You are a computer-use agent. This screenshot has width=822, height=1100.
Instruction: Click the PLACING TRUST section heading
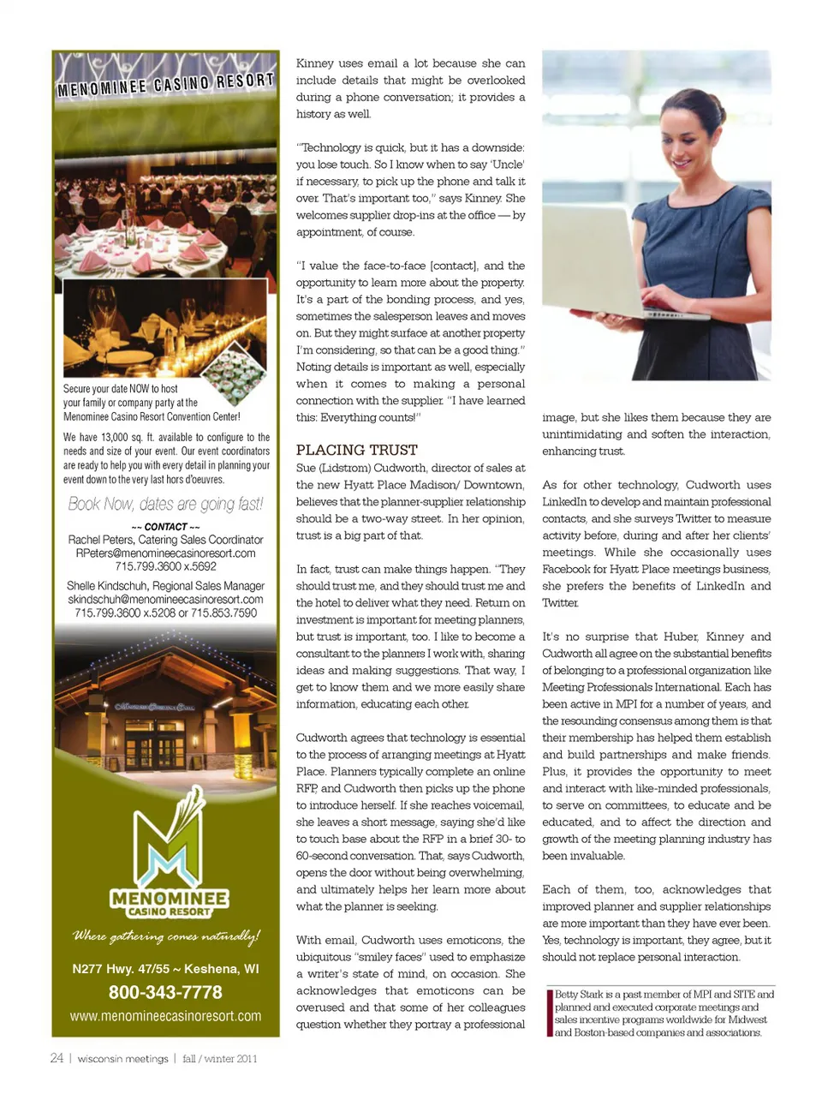[356, 450]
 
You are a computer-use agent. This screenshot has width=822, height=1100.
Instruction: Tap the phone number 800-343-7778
[165, 992]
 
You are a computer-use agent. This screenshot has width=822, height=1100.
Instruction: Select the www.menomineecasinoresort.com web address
[165, 1016]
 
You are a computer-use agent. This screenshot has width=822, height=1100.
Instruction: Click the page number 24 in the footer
[57, 1058]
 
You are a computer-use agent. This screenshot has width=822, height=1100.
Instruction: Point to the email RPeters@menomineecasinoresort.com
[165, 553]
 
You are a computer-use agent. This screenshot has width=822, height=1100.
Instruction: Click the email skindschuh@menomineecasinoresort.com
[165, 600]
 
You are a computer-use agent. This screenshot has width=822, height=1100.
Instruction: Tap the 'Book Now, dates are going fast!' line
[165, 504]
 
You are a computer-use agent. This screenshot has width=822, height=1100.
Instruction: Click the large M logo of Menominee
[169, 844]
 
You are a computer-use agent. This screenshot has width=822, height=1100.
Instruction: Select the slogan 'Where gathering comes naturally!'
[165, 936]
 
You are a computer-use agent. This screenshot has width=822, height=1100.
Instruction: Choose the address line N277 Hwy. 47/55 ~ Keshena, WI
[165, 969]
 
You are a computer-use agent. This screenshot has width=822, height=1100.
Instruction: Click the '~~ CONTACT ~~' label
[165, 527]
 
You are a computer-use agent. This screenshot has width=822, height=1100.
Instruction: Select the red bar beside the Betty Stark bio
[549, 1013]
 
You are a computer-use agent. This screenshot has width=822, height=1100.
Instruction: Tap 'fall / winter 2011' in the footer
[219, 1059]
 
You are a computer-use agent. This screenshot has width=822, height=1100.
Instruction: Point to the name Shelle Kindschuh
[107, 586]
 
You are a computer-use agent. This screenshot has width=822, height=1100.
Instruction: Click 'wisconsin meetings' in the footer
[122, 1059]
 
